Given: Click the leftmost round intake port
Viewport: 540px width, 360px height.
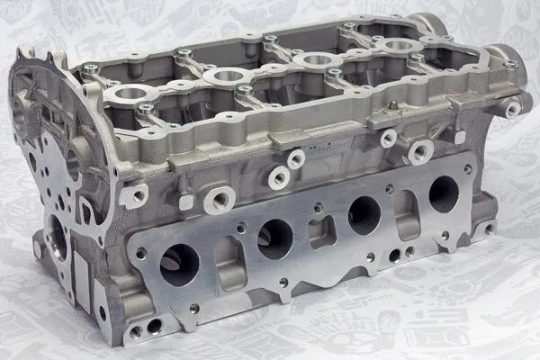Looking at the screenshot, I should pos(179,265).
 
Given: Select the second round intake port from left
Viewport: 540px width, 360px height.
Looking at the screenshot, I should pos(274,238).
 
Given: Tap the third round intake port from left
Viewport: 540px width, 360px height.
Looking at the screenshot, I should pos(364,215).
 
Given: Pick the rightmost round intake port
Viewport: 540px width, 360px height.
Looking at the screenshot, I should pos(443,193).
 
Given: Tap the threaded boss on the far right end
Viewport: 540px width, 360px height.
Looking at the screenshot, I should pos(513,110).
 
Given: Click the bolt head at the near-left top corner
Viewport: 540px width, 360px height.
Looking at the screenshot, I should pos(91,69).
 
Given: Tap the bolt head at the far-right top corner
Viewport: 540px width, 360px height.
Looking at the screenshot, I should pos(511,64).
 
